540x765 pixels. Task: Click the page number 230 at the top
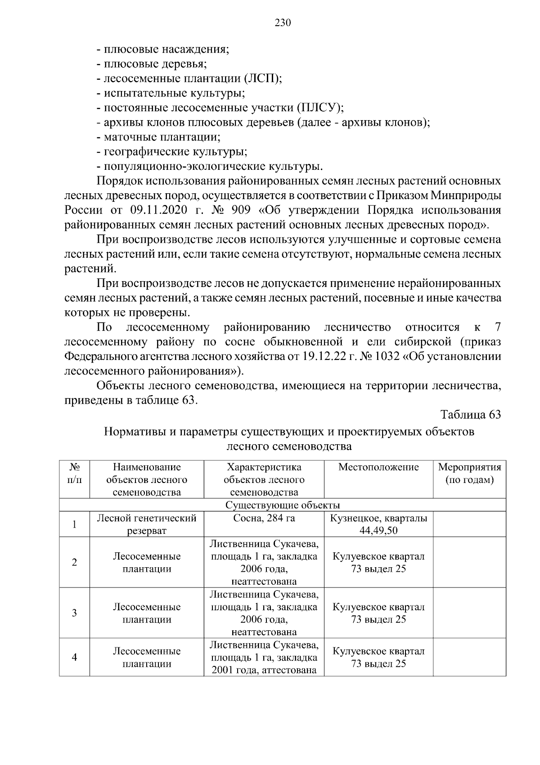[x=283, y=23]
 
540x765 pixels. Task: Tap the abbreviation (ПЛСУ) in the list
[x=319, y=108]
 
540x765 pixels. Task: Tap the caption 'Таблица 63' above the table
[x=471, y=414]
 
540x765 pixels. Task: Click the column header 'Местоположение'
[x=378, y=467]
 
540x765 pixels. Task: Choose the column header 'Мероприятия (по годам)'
[x=469, y=474]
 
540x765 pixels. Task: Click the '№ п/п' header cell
[x=75, y=474]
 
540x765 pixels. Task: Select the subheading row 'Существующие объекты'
[x=283, y=505]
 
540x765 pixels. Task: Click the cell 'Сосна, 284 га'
[x=264, y=518]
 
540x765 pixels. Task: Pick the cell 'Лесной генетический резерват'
[x=147, y=524]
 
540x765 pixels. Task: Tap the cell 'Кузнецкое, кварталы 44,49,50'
[x=378, y=524]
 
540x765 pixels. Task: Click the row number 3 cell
[x=75, y=613]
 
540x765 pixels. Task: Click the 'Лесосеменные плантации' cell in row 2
[x=147, y=562]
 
